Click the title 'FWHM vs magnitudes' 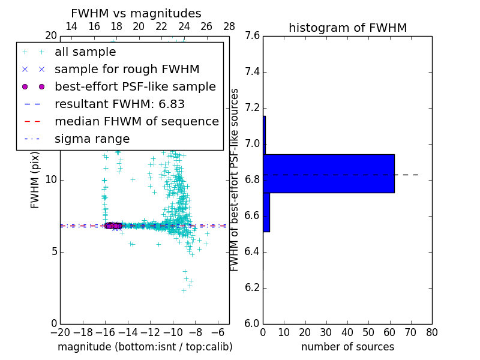pyautogui.click(x=136, y=13)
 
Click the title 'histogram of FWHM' pyautogui.click(x=347, y=28)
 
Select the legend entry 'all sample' pyautogui.click(x=85, y=52)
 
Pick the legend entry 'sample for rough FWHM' pyautogui.click(x=127, y=70)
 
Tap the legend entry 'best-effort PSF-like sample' pyautogui.click(x=135, y=87)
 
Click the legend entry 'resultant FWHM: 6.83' pyautogui.click(x=119, y=104)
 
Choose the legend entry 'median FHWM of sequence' pyautogui.click(x=136, y=122)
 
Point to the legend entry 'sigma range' pyautogui.click(x=92, y=139)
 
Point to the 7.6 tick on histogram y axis pyautogui.click(x=253, y=36)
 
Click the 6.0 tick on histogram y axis pyautogui.click(x=253, y=323)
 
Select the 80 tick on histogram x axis pyautogui.click(x=431, y=332)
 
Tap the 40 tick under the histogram pyautogui.click(x=347, y=332)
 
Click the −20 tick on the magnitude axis pyautogui.click(x=60, y=332)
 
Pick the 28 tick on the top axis pyautogui.click(x=229, y=26)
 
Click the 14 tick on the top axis pyautogui.click(x=71, y=26)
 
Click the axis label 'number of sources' pyautogui.click(x=347, y=347)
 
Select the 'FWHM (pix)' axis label pyautogui.click(x=35, y=180)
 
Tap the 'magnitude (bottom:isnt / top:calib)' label pyautogui.click(x=145, y=347)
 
